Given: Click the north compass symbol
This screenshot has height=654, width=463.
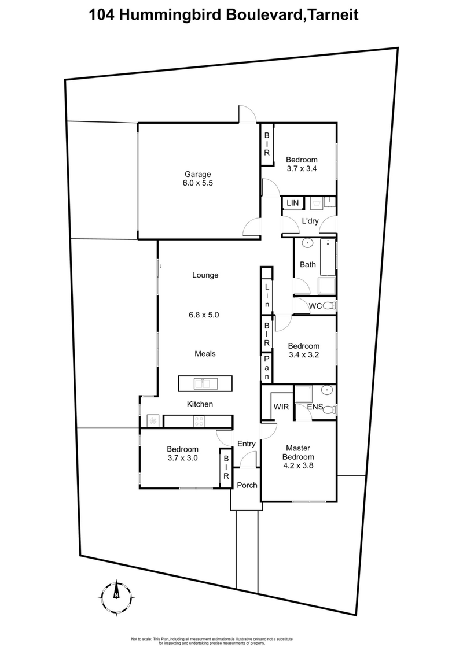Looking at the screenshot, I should pos(116,594).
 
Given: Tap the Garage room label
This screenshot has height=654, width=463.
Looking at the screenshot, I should pos(197,174).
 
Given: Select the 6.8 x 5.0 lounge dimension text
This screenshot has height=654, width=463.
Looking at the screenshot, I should pos(205,315).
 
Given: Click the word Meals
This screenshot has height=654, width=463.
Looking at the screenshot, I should pos(205,353).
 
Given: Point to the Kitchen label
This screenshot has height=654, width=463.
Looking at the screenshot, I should pos(200,404).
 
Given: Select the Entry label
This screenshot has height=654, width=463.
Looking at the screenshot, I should pos(247,444).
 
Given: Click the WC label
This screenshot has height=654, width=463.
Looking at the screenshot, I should pos(315,306).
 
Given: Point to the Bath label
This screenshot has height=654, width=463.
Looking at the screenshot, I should pos(307,265).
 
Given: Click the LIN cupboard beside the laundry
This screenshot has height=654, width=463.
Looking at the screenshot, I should pos(293,203).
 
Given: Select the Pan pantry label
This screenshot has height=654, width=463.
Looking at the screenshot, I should pos(266,367).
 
